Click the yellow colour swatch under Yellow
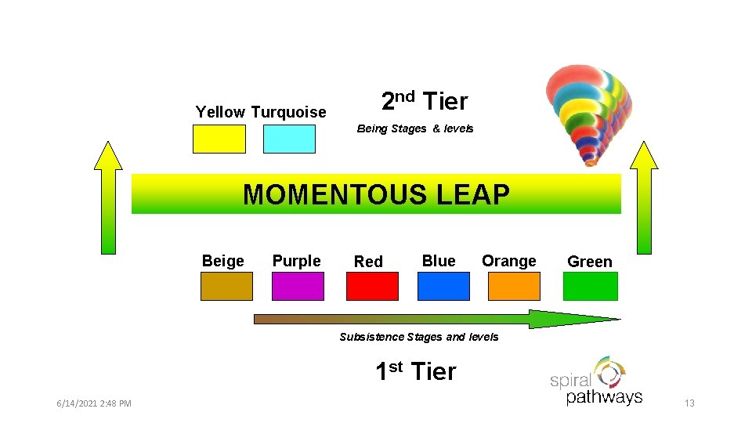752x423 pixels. click(x=219, y=139)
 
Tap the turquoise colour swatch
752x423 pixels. click(x=289, y=139)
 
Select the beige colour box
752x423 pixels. click(x=226, y=286)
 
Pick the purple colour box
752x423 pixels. click(x=298, y=286)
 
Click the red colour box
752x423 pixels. click(x=372, y=286)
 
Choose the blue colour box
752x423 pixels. click(x=443, y=286)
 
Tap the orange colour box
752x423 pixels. click(x=514, y=286)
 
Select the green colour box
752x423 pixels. click(x=591, y=286)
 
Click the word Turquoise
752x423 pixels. click(x=288, y=112)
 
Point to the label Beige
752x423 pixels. click(x=223, y=261)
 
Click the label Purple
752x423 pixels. click(x=296, y=261)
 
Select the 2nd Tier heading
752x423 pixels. click(x=424, y=101)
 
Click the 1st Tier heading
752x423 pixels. click(x=415, y=371)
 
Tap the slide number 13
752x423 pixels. click(x=689, y=403)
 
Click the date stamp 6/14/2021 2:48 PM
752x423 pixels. click(x=94, y=403)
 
